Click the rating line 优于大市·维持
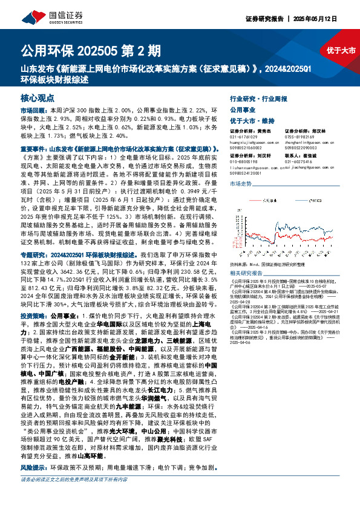tap(253, 122)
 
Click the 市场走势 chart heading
tap(240, 182)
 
